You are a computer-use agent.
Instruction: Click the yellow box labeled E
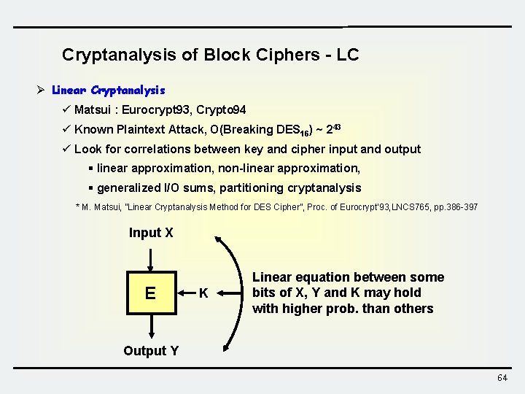pyautogui.click(x=150, y=293)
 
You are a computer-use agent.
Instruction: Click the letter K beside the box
pyautogui.click(x=204, y=293)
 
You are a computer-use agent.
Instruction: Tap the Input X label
pyautogui.click(x=151, y=233)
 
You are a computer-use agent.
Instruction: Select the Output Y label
pyautogui.click(x=151, y=351)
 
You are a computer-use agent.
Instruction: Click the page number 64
pyautogui.click(x=502, y=377)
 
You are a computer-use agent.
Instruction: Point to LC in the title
pyautogui.click(x=348, y=55)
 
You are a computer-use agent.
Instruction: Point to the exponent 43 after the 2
pyautogui.click(x=336, y=127)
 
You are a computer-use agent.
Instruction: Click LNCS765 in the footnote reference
pyautogui.click(x=412, y=207)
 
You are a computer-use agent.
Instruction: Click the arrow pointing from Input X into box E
pyautogui.click(x=150, y=258)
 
